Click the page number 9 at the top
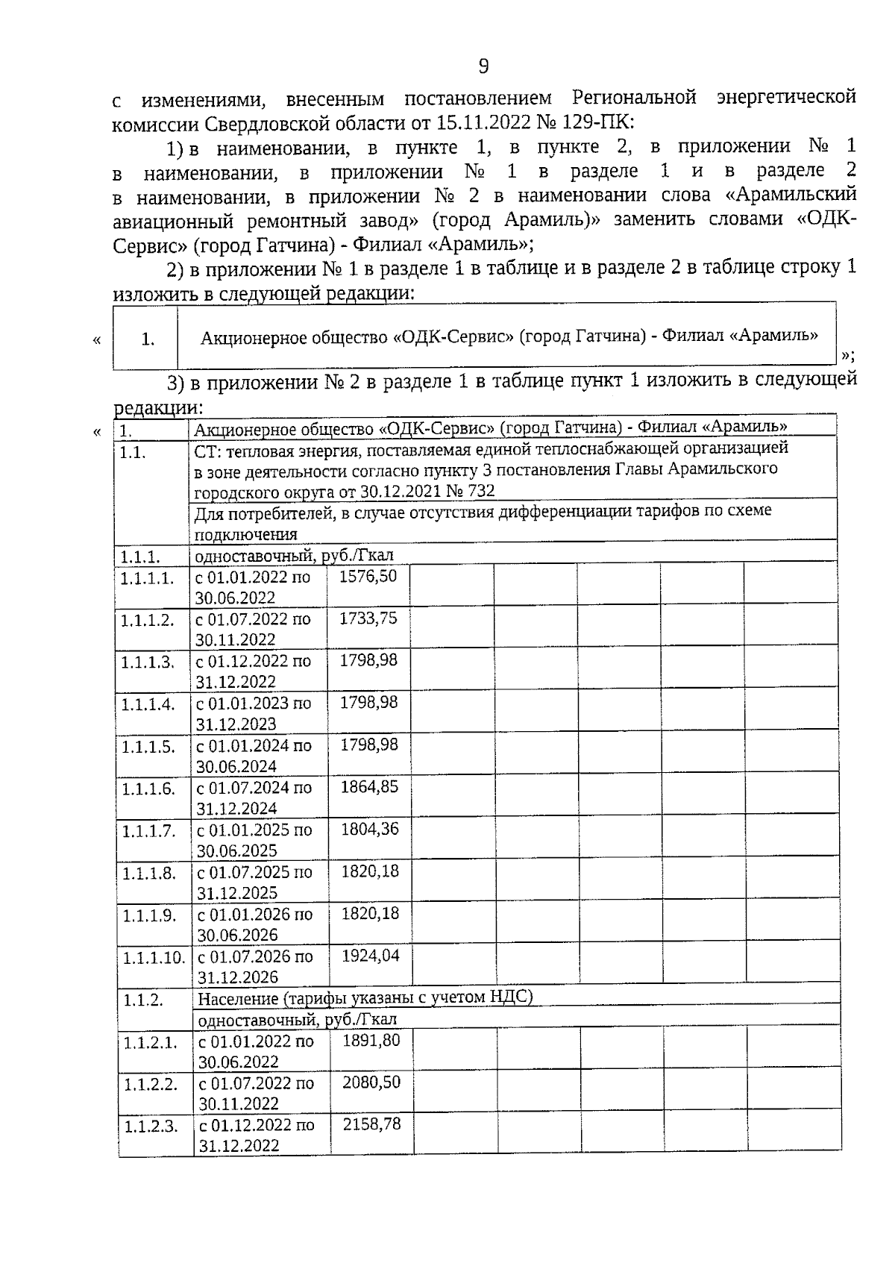click(483, 67)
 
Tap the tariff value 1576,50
click(368, 577)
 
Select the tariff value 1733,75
click(368, 618)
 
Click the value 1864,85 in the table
click(369, 787)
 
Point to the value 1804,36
click(369, 829)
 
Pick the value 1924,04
click(370, 956)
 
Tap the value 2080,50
click(371, 1082)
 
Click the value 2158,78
click(371, 1124)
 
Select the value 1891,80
click(371, 1040)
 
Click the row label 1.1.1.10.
click(154, 957)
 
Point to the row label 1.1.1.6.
click(148, 789)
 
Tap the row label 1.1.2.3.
click(151, 1126)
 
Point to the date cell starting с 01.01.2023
click(253, 713)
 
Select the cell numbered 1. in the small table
click(148, 339)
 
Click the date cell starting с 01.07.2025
click(254, 882)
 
